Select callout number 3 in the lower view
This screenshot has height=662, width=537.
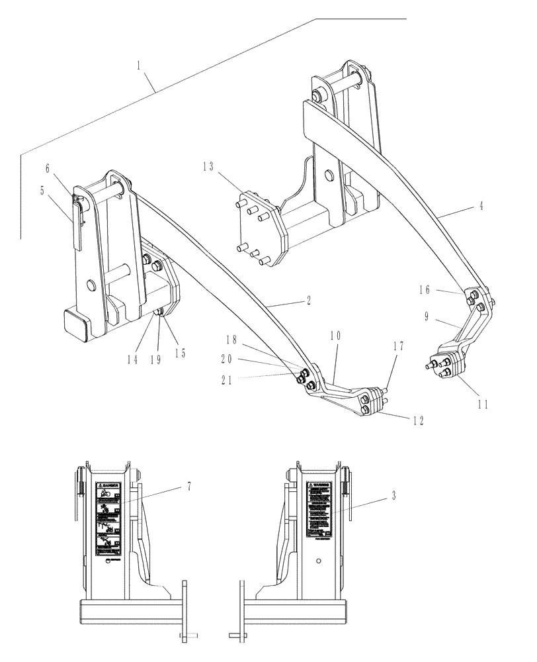395,495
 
